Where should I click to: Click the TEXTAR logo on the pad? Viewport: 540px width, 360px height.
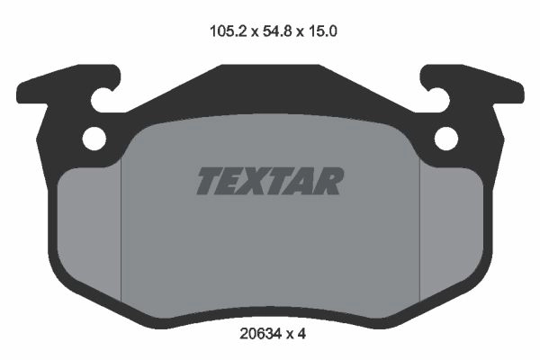click(x=270, y=181)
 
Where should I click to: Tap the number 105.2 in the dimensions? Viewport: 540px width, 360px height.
click(x=229, y=31)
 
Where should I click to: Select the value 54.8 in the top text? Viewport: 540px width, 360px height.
click(x=277, y=31)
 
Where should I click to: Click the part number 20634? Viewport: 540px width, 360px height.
click(x=260, y=334)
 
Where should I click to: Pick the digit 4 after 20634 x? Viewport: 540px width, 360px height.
click(x=301, y=334)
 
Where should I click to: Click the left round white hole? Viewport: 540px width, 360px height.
click(x=94, y=139)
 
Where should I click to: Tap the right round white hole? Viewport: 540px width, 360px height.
click(x=446, y=139)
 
